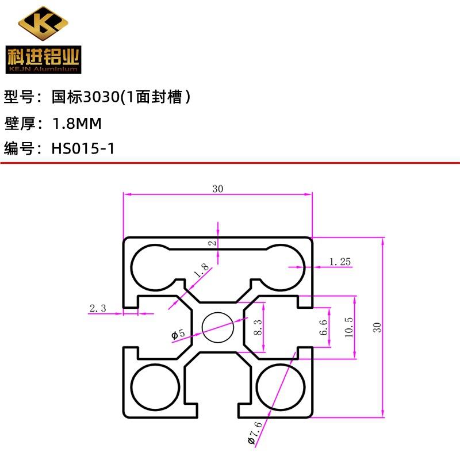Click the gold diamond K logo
pyautogui.click(x=43, y=23)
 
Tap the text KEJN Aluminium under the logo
pyautogui.click(x=43, y=70)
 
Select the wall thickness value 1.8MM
pyautogui.click(x=77, y=123)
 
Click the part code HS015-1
pyautogui.click(x=83, y=148)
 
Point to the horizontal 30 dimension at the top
pyautogui.click(x=218, y=189)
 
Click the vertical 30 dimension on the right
pyautogui.click(x=377, y=327)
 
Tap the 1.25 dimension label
pyautogui.click(x=340, y=262)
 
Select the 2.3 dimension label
pyautogui.click(x=98, y=308)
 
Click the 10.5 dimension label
pyautogui.click(x=349, y=327)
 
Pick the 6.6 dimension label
pyautogui.click(x=323, y=327)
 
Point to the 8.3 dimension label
pyautogui.click(x=258, y=327)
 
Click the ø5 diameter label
pyautogui.click(x=178, y=334)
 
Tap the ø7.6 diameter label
pyautogui.click(x=254, y=433)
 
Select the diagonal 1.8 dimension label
pyautogui.click(x=201, y=270)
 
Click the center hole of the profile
pyautogui.click(x=218, y=327)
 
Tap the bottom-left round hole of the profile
pyautogui.click(x=155, y=387)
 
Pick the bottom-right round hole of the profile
pyautogui.click(x=281, y=387)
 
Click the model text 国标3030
pyautogui.click(x=86, y=97)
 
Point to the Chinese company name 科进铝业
pyautogui.click(x=44, y=56)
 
